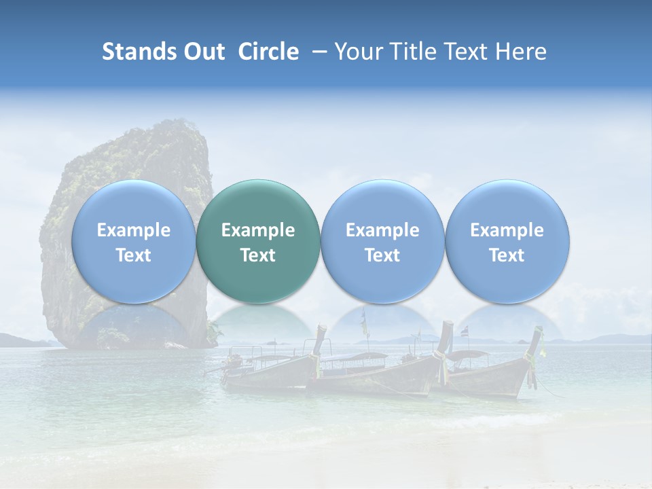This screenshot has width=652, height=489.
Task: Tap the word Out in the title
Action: [203, 52]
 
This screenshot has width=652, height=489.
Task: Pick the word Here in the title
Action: [522, 52]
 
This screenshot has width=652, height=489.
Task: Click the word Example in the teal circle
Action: [258, 230]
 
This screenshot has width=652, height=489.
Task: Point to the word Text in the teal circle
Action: [258, 255]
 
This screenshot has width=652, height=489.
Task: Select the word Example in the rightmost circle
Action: [507, 230]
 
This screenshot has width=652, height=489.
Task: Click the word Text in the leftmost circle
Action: [133, 255]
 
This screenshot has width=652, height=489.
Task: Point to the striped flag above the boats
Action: [465, 332]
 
